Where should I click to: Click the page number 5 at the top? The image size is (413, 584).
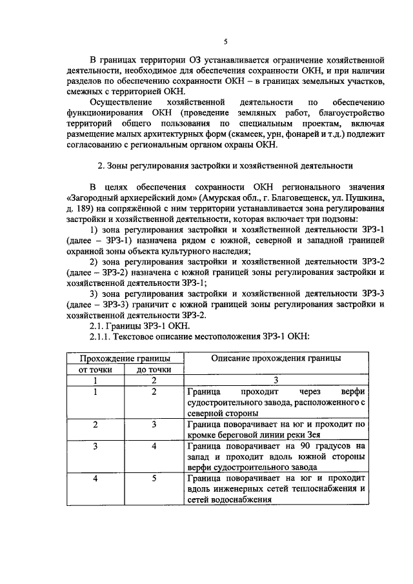225,42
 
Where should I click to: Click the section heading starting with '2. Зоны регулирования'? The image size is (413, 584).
225,165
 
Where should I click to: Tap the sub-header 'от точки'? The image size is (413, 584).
95,370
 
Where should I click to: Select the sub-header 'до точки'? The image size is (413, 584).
154,370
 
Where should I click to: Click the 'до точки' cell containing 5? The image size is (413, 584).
154,478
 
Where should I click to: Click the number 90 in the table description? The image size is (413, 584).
303,446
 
